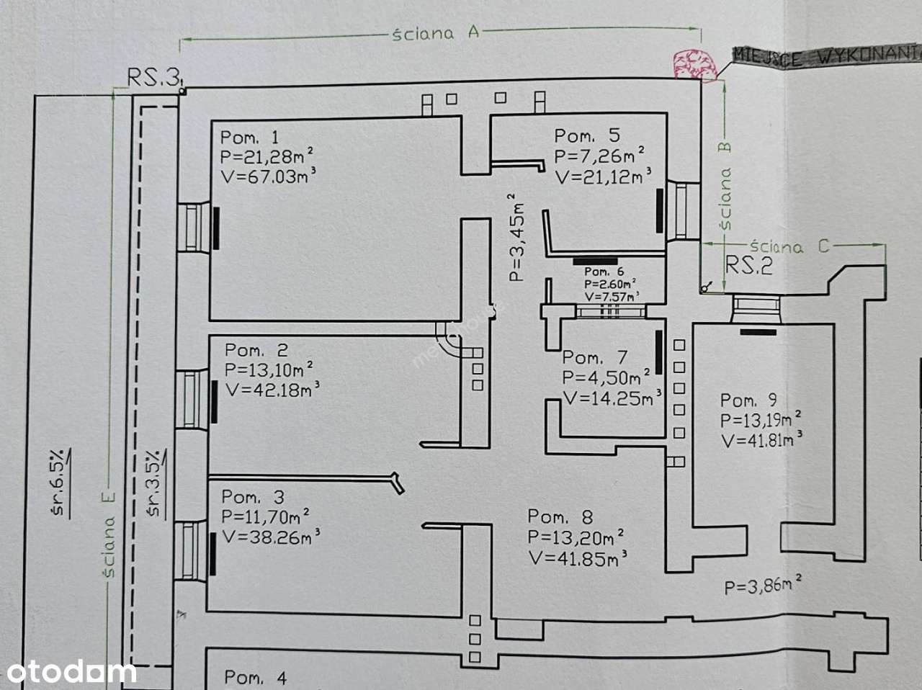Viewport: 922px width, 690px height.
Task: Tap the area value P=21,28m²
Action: click(x=266, y=156)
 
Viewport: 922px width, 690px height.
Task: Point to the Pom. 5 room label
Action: click(x=586, y=135)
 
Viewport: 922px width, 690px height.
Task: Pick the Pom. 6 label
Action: click(x=604, y=272)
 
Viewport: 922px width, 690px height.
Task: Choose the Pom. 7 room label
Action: click(x=595, y=357)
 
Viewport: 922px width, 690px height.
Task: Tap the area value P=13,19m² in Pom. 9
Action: click(x=761, y=420)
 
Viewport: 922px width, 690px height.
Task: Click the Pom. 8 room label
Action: click(x=560, y=516)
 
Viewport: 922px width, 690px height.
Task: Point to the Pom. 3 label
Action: click(x=253, y=497)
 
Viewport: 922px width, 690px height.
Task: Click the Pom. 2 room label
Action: click(x=256, y=351)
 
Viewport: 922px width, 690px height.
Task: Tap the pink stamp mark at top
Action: click(x=694, y=63)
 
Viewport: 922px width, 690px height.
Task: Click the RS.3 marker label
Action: click(x=153, y=77)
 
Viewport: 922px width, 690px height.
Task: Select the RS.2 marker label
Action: click(x=748, y=266)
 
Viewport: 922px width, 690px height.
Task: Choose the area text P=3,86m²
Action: click(x=763, y=586)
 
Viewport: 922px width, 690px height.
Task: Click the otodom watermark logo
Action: click(x=68, y=672)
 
